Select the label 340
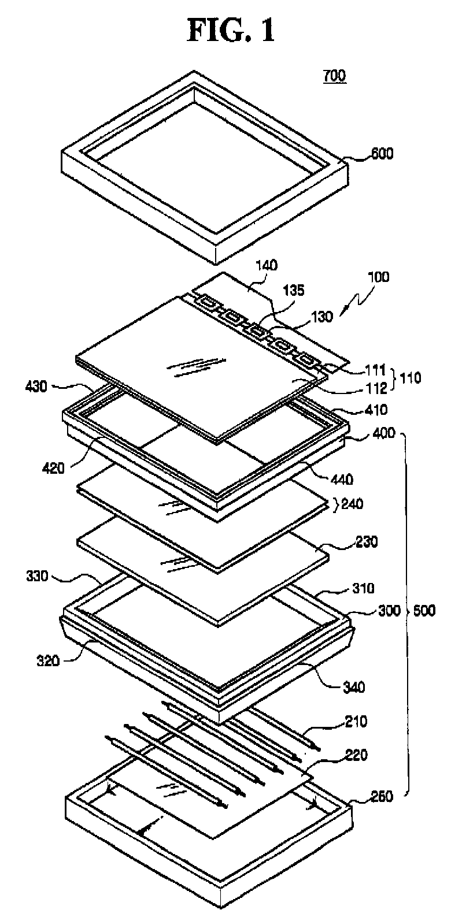(x=353, y=687)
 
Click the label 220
(x=354, y=754)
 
